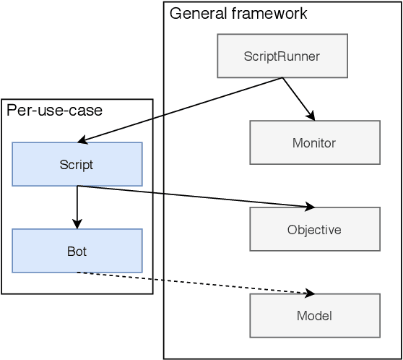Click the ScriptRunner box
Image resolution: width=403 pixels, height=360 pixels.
[x=282, y=56]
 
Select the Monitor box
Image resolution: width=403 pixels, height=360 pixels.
[x=314, y=142]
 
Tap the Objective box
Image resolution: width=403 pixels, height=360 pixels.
[x=314, y=229]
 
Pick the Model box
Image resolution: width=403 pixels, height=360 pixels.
[x=314, y=316]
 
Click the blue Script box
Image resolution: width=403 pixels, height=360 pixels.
[x=77, y=164]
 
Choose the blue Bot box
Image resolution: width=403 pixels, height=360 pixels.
[x=77, y=251]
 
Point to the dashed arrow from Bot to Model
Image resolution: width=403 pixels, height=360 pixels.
[x=195, y=283]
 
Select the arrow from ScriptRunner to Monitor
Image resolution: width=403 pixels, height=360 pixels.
[x=298, y=98]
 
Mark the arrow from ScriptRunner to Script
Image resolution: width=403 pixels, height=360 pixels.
[x=181, y=109]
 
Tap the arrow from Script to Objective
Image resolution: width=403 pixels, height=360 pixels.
[x=195, y=197]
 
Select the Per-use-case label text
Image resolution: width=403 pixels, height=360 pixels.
[x=54, y=110]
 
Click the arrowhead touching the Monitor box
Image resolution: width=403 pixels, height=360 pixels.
[x=311, y=116]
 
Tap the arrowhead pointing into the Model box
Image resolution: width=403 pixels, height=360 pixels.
[x=311, y=293]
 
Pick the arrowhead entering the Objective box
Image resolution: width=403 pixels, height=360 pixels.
[x=311, y=207]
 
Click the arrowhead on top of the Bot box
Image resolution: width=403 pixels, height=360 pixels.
[x=77, y=225]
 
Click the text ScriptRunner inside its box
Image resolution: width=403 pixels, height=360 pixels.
[x=282, y=56]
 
